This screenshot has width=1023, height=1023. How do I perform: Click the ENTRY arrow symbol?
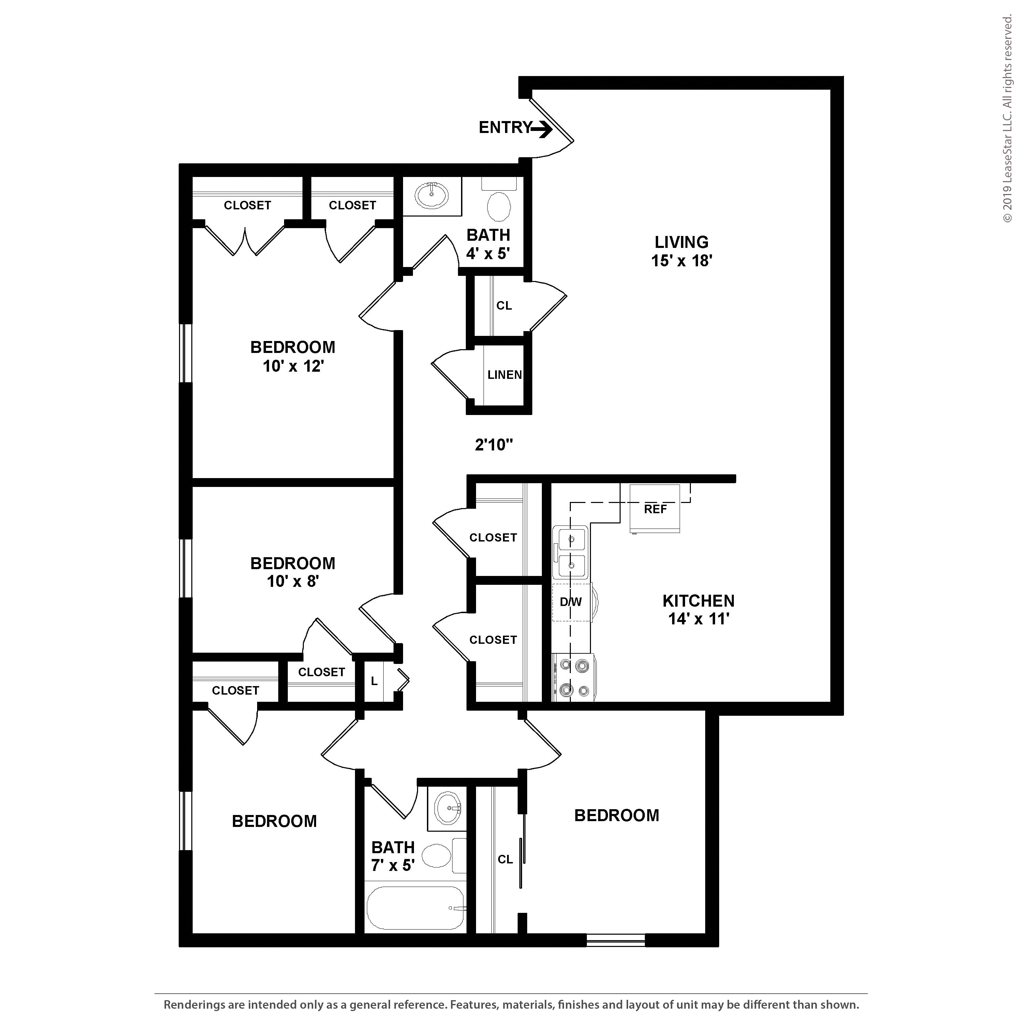[542, 129]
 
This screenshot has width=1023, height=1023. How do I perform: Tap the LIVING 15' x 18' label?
[681, 251]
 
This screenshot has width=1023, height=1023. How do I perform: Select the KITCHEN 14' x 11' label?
[698, 609]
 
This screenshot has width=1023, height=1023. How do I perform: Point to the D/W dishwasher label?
[571, 602]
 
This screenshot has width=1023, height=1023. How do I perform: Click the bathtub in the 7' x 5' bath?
[416, 908]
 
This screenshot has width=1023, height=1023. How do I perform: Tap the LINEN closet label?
[504, 375]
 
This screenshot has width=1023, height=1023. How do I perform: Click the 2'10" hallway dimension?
[493, 445]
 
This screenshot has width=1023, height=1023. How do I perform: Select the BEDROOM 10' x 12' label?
[293, 356]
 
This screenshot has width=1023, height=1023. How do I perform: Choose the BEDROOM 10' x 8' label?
[293, 572]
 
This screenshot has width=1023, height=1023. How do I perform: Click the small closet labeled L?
[374, 681]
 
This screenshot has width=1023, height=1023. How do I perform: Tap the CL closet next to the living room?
[504, 306]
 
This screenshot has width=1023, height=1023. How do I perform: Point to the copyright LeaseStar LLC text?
[1007, 119]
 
